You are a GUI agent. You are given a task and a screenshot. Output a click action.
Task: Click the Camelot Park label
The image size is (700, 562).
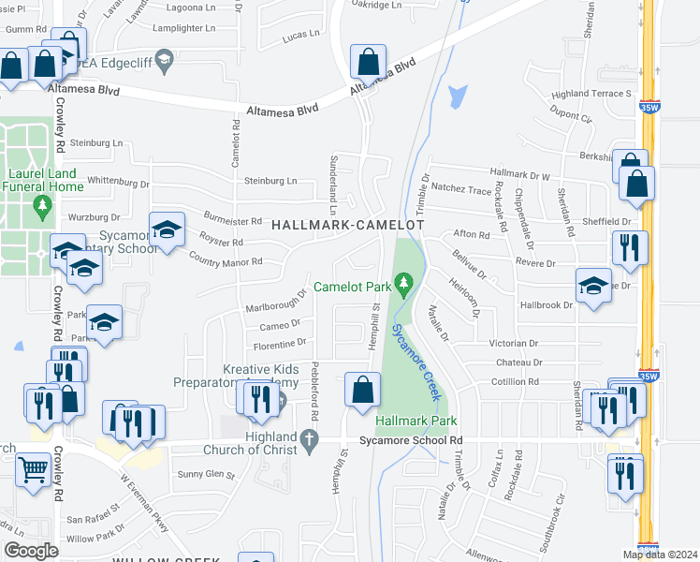(353, 287)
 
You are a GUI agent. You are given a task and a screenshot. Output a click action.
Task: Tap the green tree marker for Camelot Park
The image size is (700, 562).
(404, 281)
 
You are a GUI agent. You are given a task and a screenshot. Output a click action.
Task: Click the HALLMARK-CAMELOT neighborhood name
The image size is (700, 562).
(348, 226)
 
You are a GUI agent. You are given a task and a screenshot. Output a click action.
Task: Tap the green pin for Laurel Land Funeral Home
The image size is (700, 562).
(41, 204)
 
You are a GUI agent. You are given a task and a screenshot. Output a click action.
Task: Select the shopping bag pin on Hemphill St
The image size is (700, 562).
(362, 389)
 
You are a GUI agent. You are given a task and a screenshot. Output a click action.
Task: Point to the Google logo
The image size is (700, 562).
(31, 551)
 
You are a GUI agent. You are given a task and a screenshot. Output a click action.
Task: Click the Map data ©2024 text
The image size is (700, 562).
(659, 555)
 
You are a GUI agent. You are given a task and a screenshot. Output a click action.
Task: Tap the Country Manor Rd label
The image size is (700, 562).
(225, 259)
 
